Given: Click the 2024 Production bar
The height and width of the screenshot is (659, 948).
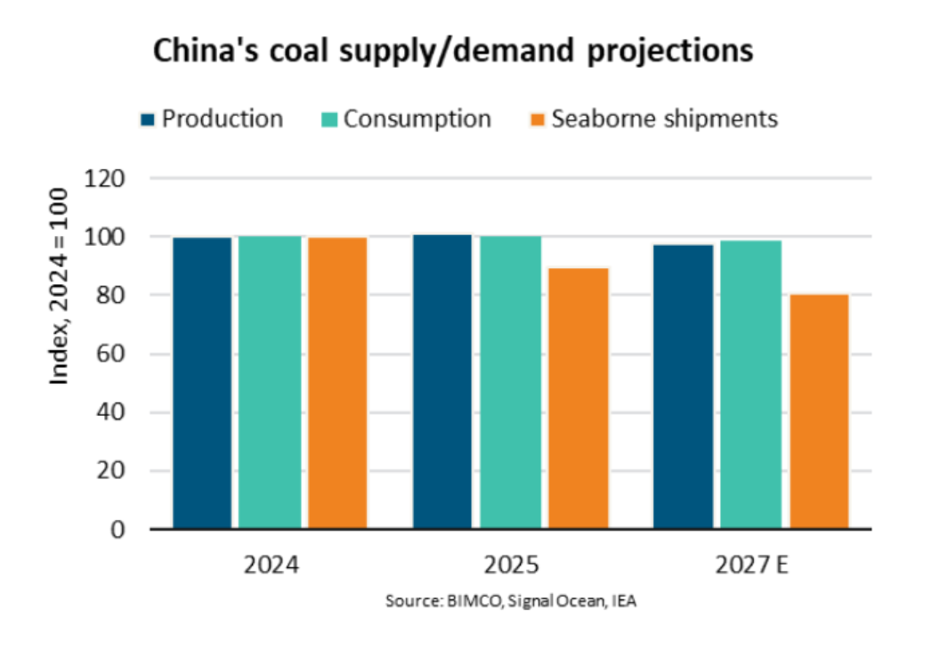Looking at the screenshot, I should pyautogui.click(x=202, y=383).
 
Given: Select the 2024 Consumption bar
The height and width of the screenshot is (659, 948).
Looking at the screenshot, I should pyautogui.click(x=270, y=383).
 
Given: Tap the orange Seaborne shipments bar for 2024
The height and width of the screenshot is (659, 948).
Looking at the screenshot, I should pyautogui.click(x=337, y=383).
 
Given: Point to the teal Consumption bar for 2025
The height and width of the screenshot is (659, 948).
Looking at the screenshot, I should pyautogui.click(x=510, y=383).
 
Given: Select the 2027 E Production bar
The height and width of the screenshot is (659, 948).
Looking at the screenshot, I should pyautogui.click(x=683, y=386).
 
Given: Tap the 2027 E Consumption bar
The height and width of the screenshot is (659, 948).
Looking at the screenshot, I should pyautogui.click(x=750, y=385).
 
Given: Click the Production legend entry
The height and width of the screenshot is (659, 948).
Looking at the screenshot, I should pyautogui.click(x=212, y=118).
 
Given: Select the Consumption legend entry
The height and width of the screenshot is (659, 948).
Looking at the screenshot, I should pyautogui.click(x=407, y=118).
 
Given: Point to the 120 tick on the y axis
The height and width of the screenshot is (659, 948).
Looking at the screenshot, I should pyautogui.click(x=108, y=178).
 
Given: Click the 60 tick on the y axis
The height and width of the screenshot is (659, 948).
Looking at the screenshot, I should pyautogui.click(x=114, y=354).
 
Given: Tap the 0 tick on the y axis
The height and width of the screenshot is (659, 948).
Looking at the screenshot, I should pyautogui.click(x=119, y=529).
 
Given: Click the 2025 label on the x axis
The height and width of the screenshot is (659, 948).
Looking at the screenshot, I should pyautogui.click(x=511, y=565).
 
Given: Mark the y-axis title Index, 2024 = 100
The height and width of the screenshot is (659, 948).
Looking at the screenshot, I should pyautogui.click(x=59, y=286).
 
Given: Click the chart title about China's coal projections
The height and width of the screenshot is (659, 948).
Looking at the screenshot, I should pyautogui.click(x=453, y=51).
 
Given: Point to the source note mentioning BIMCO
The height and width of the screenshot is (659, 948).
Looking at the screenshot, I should pyautogui.click(x=511, y=602).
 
